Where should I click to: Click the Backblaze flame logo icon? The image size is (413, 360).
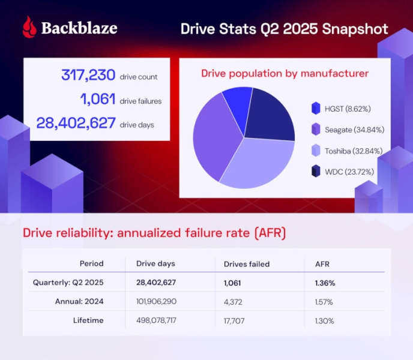tap(29, 28)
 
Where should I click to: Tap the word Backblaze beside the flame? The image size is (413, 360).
tap(79, 28)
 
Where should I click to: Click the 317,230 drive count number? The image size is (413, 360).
tap(89, 76)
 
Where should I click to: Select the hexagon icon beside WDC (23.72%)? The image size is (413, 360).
tap(316, 172)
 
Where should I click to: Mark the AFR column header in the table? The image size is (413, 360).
tap(322, 263)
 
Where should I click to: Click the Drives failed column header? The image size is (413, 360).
tap(247, 263)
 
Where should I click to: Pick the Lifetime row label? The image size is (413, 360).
tap(88, 320)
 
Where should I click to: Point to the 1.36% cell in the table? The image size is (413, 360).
tap(325, 282)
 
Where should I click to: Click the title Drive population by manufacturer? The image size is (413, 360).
tap(285, 74)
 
